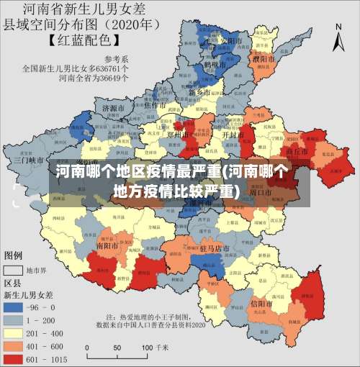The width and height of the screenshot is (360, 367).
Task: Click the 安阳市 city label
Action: (x=228, y=41)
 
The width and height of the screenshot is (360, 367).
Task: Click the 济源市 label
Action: (x=114, y=108)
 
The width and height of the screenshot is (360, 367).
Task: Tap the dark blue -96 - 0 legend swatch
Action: (x=14, y=307)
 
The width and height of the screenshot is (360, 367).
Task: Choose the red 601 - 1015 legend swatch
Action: (x=14, y=358)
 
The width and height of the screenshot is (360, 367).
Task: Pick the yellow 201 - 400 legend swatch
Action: (x=14, y=332)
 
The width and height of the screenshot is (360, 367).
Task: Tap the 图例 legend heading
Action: (x=14, y=256)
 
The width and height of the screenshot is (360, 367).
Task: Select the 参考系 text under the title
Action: (x=116, y=58)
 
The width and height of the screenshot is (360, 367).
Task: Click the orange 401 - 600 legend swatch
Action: (x=14, y=345)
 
